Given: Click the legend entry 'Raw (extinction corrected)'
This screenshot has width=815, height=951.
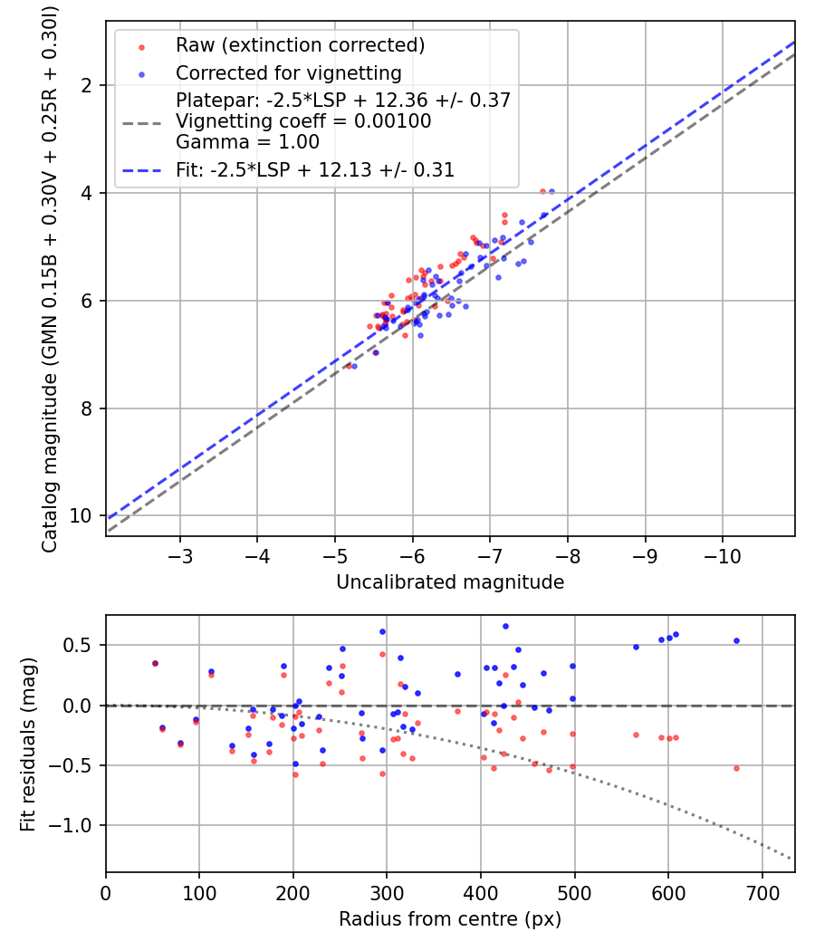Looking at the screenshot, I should (x=288, y=45).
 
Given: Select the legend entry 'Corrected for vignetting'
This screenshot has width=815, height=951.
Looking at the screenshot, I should (x=288, y=72).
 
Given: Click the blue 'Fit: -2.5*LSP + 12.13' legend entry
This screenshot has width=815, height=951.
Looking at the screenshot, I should (x=314, y=169).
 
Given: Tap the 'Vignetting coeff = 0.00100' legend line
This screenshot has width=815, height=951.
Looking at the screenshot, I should (x=303, y=120).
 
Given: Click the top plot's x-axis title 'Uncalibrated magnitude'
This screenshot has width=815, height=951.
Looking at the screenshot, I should (x=450, y=582).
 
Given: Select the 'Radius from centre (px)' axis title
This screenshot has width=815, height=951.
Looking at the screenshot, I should (x=450, y=919).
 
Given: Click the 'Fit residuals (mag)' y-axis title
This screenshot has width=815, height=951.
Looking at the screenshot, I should (x=28, y=744).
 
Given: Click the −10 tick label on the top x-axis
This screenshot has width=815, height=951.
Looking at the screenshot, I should (x=722, y=553).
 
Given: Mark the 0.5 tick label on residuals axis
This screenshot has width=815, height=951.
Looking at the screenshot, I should (x=82, y=646).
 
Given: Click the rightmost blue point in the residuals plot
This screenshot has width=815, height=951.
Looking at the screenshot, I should (x=736, y=640).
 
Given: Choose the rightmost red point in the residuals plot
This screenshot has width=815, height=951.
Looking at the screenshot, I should (x=736, y=768).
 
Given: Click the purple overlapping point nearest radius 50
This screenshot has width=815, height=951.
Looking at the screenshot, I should (x=155, y=663).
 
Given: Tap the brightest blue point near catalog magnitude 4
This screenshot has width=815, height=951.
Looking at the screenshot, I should (x=551, y=192).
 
